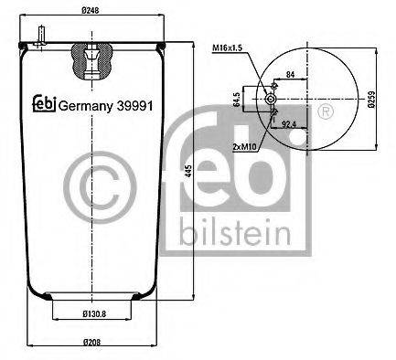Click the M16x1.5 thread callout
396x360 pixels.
pyautogui.click(x=227, y=48)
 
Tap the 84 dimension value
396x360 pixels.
pyautogui.click(x=290, y=74)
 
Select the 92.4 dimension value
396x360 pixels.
pyautogui.click(x=290, y=122)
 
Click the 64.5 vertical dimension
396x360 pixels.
pyautogui.click(x=236, y=99)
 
